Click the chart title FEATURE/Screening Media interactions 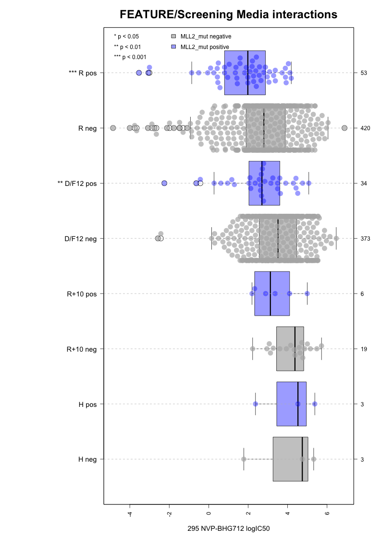tap(228, 15)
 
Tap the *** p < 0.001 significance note tap(130, 57)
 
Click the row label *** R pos tap(83, 73)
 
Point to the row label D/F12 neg tap(81, 239)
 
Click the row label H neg tap(87, 459)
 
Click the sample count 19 tap(363, 349)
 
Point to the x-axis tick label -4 tap(130, 515)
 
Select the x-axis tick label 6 tap(327, 514)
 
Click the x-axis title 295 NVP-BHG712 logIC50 tap(228, 529)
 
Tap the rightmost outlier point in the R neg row tap(344, 128)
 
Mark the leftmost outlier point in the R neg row tap(113, 128)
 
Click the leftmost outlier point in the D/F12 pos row tap(164, 183)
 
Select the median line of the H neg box tap(302, 459)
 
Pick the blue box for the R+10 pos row tap(272, 294)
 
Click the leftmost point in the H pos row tap(256, 404)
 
